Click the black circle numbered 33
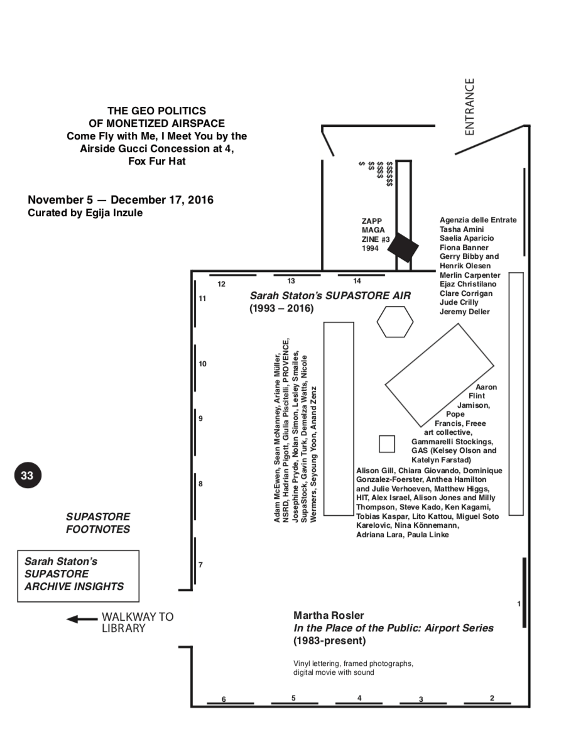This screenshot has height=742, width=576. point(27,476)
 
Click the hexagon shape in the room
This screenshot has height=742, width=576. point(395,322)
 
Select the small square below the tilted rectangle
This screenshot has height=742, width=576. point(387,444)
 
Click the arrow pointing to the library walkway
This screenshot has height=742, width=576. point(82,619)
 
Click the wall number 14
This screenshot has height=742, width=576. point(357,281)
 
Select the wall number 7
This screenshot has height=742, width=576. point(200,565)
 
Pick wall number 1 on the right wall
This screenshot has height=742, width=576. point(519,604)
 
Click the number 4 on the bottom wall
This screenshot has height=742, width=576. point(359,697)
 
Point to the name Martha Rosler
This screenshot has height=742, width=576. point(329,615)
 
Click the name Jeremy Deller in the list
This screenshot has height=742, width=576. point(464,312)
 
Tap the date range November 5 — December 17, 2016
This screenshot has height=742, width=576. point(121,200)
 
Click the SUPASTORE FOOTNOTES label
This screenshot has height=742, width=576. point(98,523)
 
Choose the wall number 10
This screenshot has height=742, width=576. point(202,364)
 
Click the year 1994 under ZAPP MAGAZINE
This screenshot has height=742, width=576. point(371,248)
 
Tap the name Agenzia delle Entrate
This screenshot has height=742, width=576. point(478,220)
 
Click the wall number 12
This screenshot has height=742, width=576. point(221,284)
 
